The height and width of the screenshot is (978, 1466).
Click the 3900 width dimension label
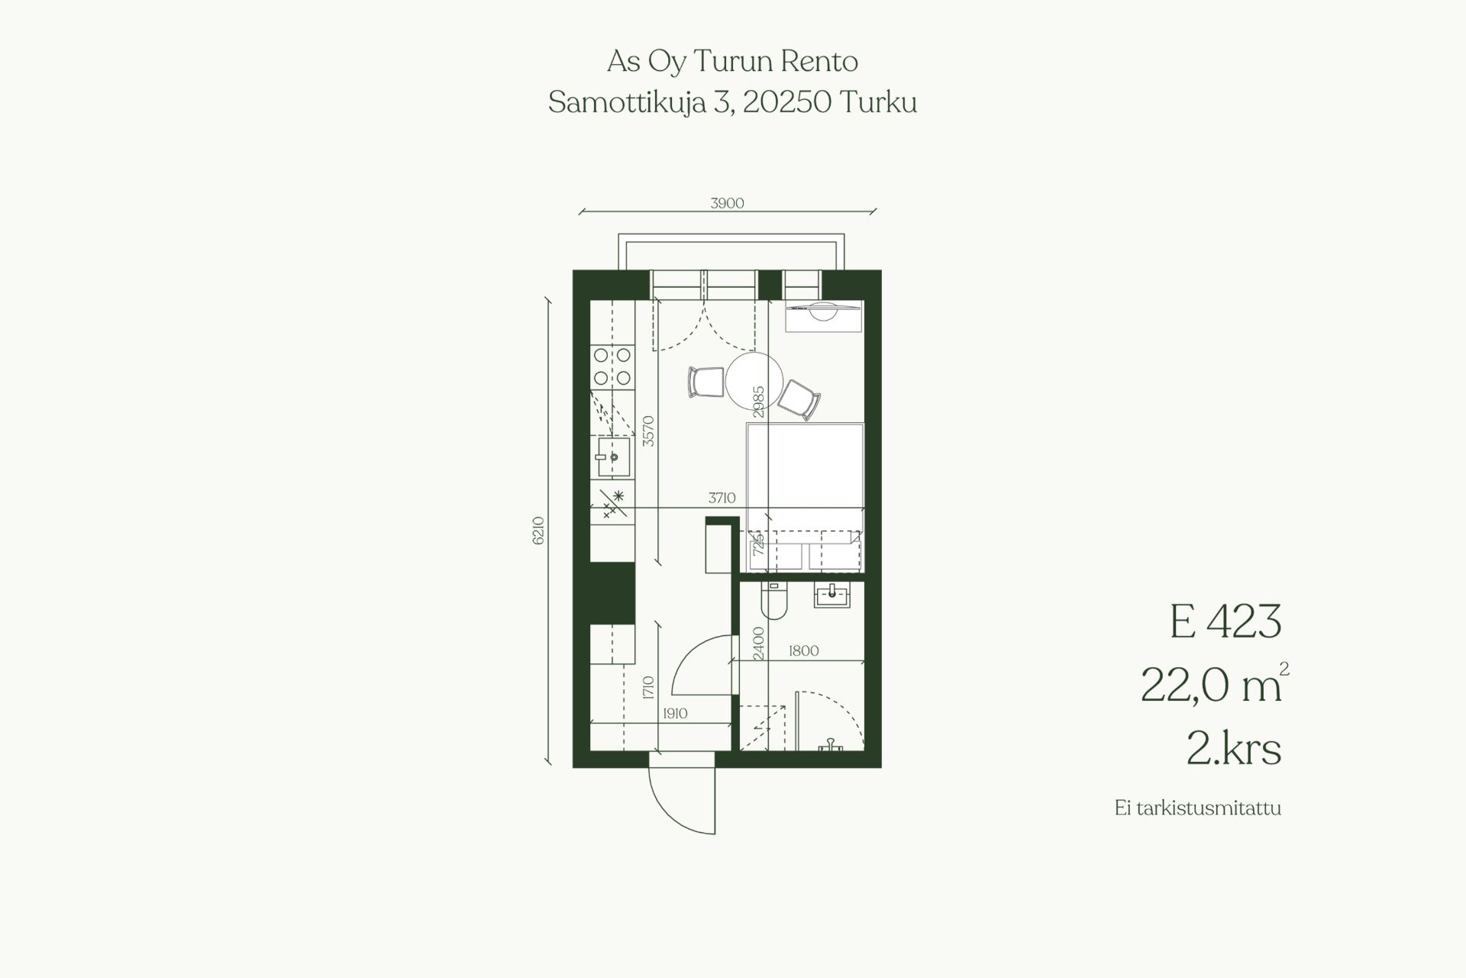tap(727, 203)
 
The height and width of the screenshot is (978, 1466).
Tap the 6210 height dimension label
tap(538, 531)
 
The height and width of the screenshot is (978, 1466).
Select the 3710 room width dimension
tap(722, 499)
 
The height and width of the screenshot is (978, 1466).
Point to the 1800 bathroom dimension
tap(803, 650)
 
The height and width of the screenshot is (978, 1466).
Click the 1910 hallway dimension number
tap(675, 714)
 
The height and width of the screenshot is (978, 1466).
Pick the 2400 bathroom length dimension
tap(758, 643)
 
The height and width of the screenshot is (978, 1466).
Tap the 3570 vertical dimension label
tap(648, 431)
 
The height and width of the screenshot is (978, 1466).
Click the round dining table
tap(754, 380)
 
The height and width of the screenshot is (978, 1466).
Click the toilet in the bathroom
tap(773, 601)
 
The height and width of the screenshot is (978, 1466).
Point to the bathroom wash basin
tap(832, 596)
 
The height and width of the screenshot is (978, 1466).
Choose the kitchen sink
tap(614, 457)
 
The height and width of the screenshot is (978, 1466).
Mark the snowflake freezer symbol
tap(618, 496)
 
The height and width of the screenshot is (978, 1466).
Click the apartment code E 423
tap(1225, 621)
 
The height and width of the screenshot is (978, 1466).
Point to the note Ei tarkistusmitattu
tap(1198, 808)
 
